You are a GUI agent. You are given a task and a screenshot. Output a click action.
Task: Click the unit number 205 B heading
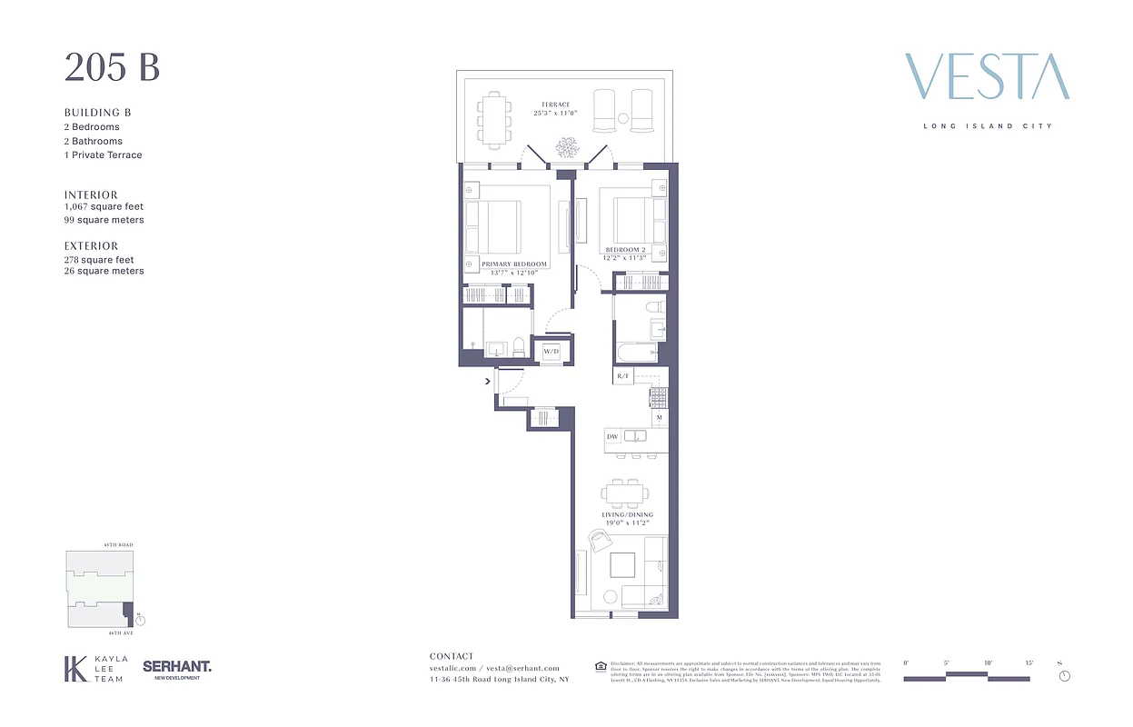click(x=112, y=67)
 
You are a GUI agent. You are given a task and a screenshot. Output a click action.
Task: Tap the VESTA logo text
click(x=987, y=77)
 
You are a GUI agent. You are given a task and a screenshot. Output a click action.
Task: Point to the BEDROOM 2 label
click(x=626, y=249)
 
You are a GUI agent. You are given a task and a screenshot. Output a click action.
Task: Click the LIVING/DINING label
click(x=627, y=514)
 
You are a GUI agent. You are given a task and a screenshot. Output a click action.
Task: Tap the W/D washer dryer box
click(x=552, y=351)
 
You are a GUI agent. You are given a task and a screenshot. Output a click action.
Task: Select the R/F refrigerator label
click(x=623, y=375)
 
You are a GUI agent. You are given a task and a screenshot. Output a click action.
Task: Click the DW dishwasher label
click(x=612, y=437)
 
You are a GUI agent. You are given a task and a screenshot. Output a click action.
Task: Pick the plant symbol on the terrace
click(x=569, y=147)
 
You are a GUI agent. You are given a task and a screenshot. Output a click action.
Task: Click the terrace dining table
click(x=494, y=119)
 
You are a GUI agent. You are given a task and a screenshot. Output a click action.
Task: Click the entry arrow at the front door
click(x=488, y=382)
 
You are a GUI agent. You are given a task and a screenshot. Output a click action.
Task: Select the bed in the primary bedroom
click(x=492, y=227)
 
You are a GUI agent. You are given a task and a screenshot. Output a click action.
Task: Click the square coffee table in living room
click(x=623, y=565)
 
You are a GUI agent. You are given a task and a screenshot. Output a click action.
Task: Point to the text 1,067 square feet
click(x=104, y=207)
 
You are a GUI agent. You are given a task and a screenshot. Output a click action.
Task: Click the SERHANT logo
click(x=177, y=668)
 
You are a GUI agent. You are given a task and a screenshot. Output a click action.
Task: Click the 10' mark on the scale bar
click(x=987, y=664)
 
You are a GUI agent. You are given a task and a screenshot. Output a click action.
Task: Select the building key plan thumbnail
click(x=100, y=589)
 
